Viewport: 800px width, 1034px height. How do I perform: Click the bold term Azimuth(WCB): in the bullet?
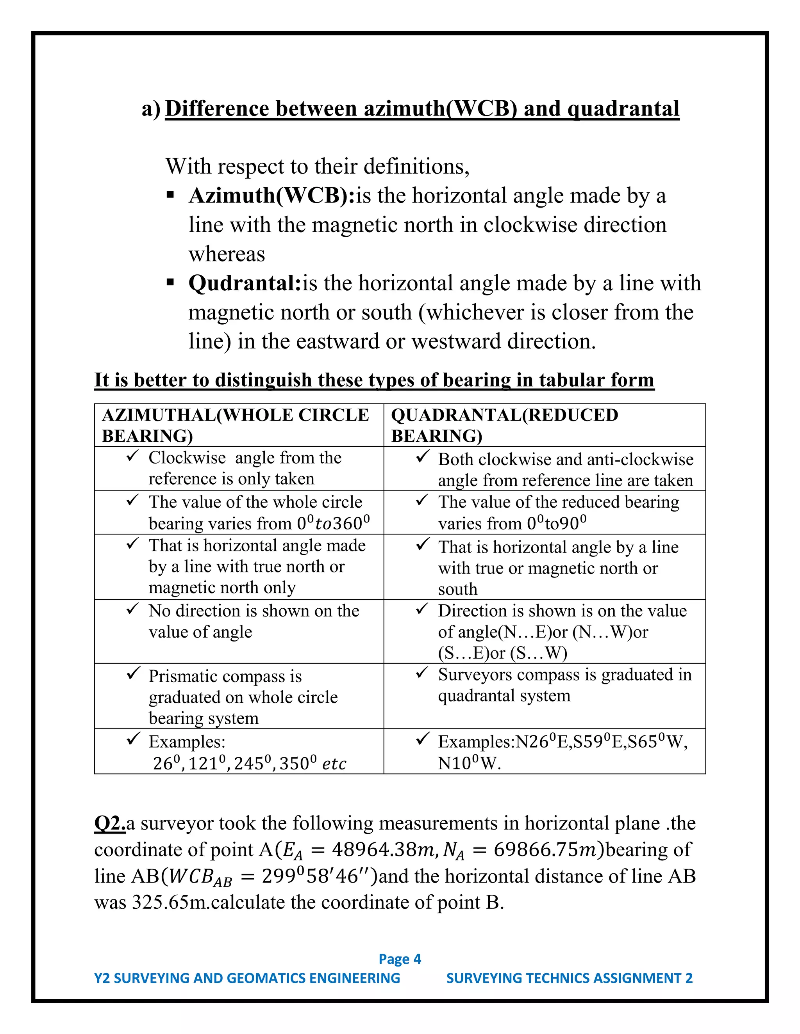(271, 196)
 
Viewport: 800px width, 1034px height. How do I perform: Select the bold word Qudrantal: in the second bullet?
(245, 284)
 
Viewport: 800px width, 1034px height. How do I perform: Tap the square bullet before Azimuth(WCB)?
(171, 195)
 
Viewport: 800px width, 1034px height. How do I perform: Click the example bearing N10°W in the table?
(469, 764)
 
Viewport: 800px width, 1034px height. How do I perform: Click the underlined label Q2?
(109, 823)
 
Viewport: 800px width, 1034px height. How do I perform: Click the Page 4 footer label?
(400, 959)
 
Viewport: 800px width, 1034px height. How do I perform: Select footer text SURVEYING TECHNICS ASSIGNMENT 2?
(569, 978)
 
